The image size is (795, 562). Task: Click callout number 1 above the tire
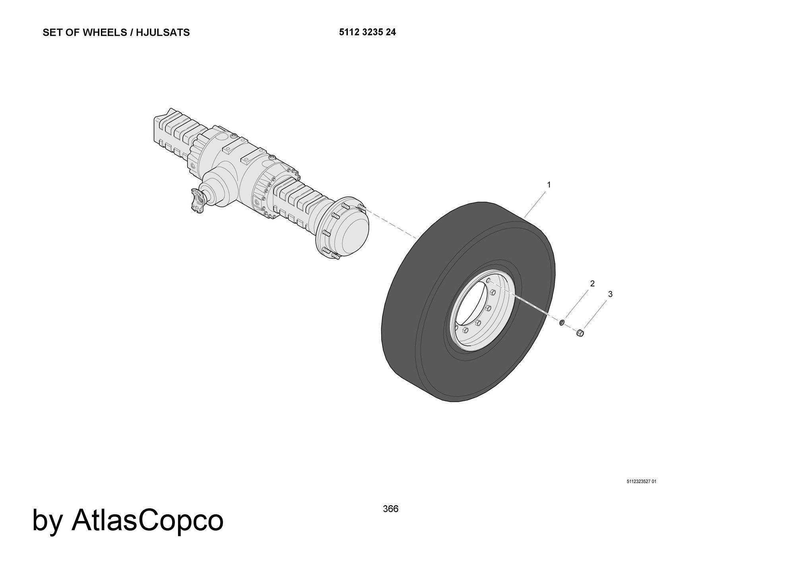[549, 185]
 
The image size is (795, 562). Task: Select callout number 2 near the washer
[592, 284]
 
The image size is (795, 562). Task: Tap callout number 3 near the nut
[610, 294]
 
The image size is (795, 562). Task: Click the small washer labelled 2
[562, 322]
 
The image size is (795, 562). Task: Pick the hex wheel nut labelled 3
[580, 333]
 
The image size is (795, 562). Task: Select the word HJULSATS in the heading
[163, 33]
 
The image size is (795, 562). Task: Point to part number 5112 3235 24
[367, 32]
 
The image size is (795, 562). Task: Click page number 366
[391, 509]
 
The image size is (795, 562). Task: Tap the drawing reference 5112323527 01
[642, 482]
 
